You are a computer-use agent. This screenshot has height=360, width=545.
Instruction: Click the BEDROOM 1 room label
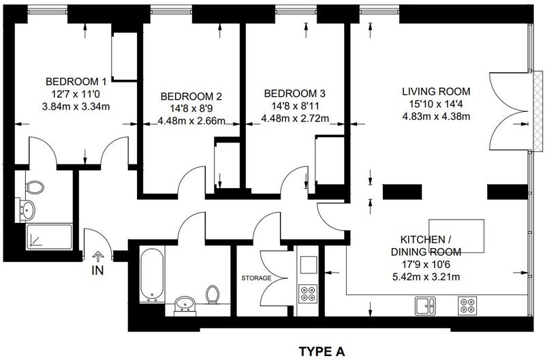point(76,82)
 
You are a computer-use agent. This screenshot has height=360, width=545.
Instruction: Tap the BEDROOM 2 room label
point(191,96)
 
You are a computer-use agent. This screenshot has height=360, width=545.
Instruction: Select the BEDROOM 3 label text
point(295,93)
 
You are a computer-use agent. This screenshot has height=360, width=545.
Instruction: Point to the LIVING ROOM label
point(436,91)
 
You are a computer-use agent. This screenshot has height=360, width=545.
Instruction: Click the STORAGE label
point(257,278)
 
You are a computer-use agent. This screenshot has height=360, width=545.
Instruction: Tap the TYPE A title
point(322,351)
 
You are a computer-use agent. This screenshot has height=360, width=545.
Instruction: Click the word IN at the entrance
point(97,270)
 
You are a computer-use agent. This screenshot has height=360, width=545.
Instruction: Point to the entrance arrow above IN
point(98,256)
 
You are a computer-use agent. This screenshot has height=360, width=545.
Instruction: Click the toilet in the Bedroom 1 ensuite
point(35,187)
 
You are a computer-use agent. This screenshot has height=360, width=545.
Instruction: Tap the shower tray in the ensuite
point(49,237)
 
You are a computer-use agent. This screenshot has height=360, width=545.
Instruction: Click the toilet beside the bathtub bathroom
point(213,295)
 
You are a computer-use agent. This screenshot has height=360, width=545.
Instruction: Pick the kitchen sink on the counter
point(425,305)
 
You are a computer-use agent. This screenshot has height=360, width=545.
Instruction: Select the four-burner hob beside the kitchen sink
point(467,305)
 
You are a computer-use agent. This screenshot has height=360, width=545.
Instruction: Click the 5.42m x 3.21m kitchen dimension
point(426,277)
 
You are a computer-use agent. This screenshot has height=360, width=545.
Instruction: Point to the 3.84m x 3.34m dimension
point(76,106)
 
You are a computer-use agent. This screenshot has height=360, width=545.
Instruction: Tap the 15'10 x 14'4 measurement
point(436,104)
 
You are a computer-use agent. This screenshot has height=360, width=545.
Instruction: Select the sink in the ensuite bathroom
point(27,210)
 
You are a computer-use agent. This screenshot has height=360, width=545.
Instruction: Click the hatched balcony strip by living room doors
point(538,111)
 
